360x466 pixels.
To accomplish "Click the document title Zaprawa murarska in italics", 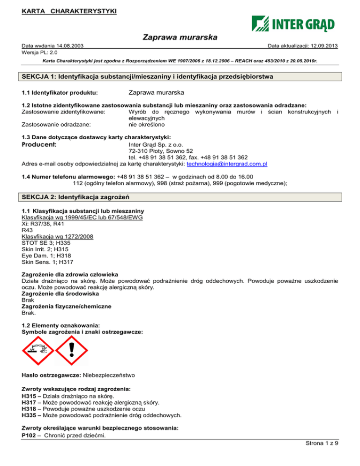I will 180,37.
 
